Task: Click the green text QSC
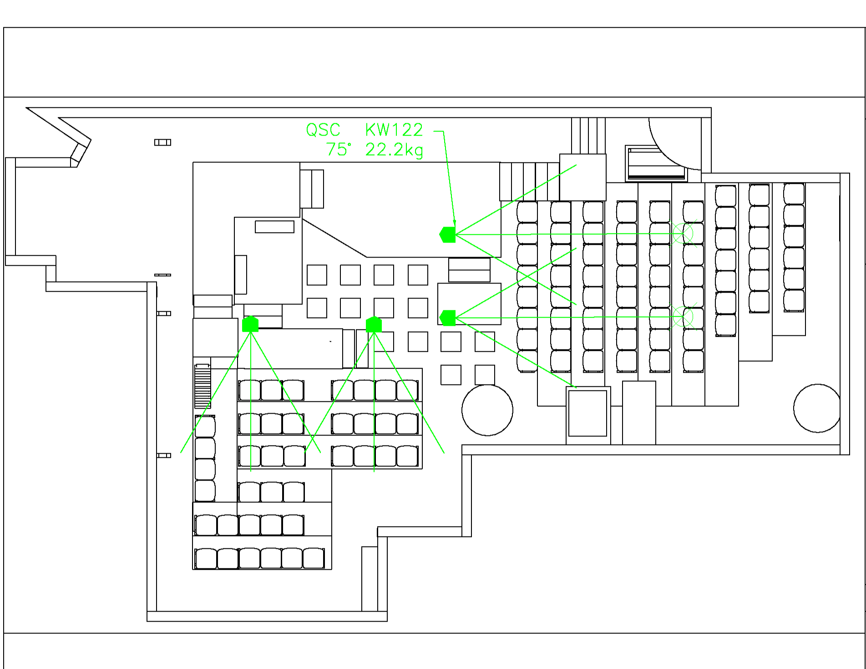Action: click(x=323, y=130)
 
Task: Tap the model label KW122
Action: click(x=394, y=130)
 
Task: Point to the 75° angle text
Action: click(x=339, y=150)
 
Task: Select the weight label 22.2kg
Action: click(x=394, y=150)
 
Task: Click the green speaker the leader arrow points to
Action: click(x=448, y=234)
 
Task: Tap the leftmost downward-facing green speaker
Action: click(x=250, y=324)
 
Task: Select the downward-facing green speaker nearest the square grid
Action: click(x=374, y=324)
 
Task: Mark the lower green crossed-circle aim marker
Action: click(x=683, y=316)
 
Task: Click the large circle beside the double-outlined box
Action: click(x=487, y=410)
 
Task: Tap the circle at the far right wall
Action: click(x=817, y=408)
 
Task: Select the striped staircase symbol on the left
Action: click(x=203, y=385)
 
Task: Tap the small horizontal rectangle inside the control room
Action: click(x=274, y=227)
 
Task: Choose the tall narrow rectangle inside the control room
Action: click(x=241, y=274)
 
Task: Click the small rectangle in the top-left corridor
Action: click(x=162, y=142)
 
